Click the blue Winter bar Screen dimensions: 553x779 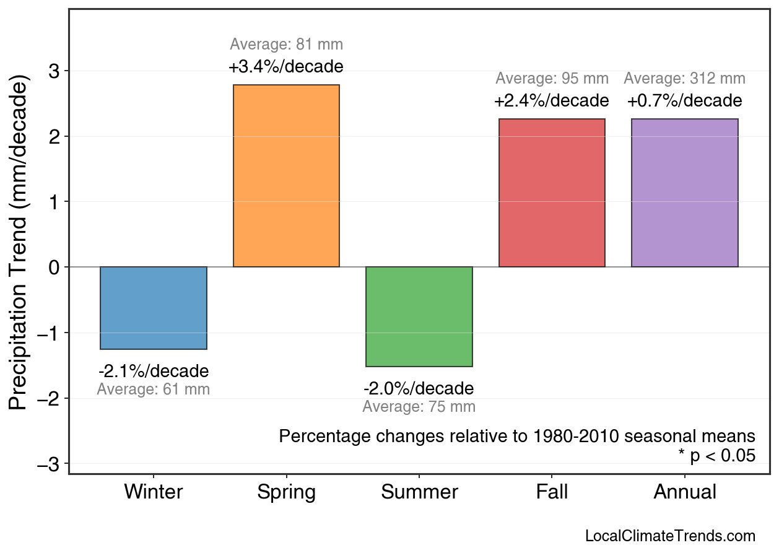click(x=154, y=308)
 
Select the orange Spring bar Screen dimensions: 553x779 click(x=286, y=176)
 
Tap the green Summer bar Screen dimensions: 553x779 click(x=419, y=316)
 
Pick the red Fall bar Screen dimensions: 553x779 click(x=552, y=193)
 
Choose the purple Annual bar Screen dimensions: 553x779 click(x=684, y=193)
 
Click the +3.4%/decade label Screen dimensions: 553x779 click(x=286, y=66)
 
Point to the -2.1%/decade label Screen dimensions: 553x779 click(x=154, y=372)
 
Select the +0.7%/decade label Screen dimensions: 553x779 click(x=684, y=100)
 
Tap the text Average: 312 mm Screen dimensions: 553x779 click(x=684, y=79)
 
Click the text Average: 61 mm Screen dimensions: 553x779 click(x=154, y=390)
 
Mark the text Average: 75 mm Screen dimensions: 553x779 click(x=419, y=407)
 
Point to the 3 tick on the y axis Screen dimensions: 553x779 click(x=55, y=71)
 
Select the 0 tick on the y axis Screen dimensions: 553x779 click(x=55, y=267)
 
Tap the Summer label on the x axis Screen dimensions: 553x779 click(x=419, y=492)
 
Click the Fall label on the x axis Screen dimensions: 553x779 click(x=552, y=492)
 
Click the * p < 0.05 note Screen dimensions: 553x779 click(x=717, y=456)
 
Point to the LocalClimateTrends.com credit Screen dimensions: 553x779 click(x=670, y=536)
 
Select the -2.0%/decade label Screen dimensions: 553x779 click(x=419, y=389)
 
